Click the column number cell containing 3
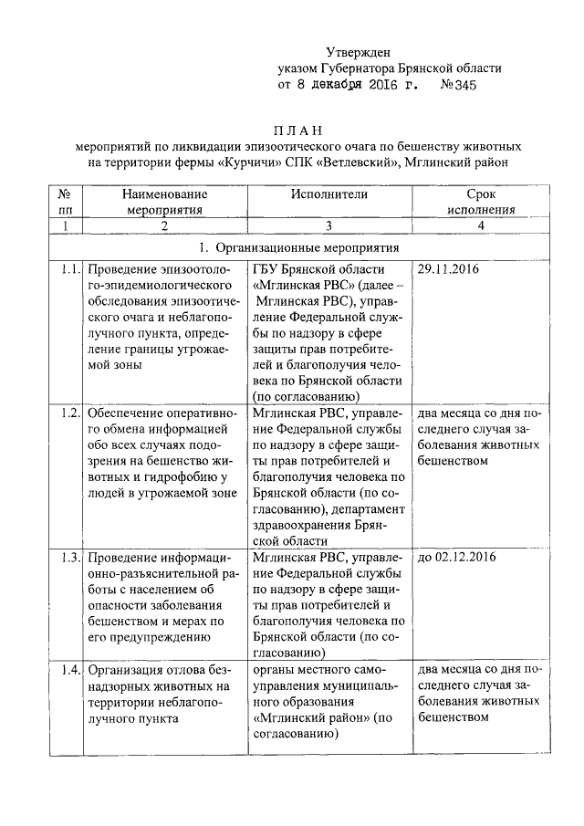click(x=329, y=226)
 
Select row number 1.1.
click(x=67, y=271)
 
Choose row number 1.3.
click(x=67, y=556)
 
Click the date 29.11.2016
click(x=448, y=271)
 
